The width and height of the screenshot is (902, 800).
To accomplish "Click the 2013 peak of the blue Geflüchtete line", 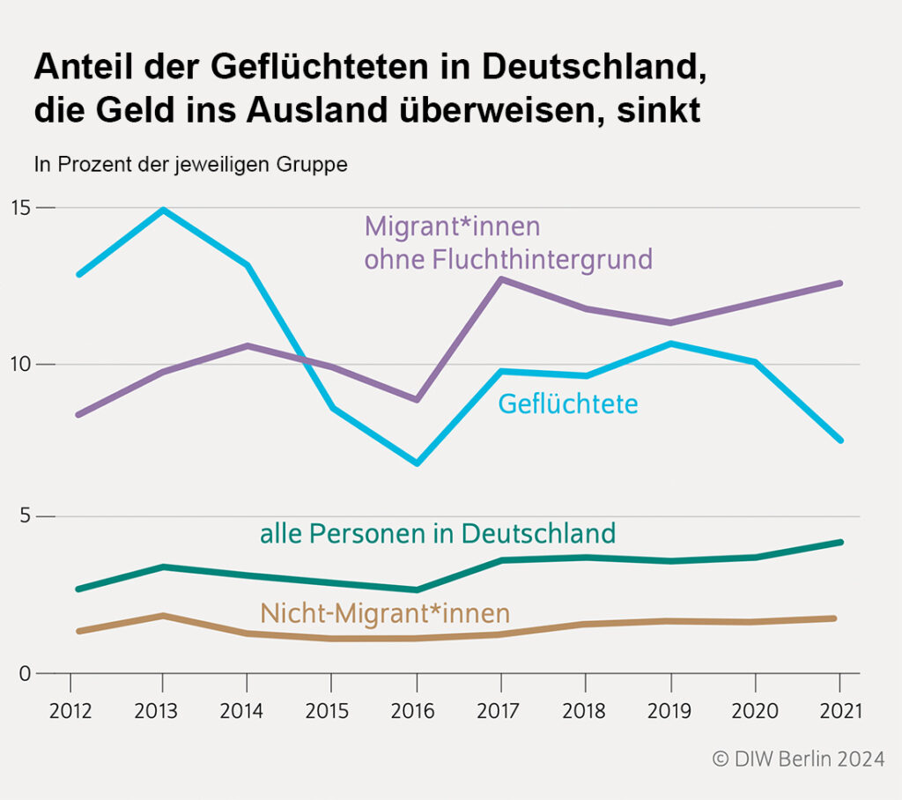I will click(x=162, y=211).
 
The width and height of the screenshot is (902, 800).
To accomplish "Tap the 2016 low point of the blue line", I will click(x=417, y=463).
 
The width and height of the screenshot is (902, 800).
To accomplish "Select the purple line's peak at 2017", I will click(x=500, y=279).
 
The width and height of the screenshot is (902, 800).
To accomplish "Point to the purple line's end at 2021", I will click(x=839, y=283).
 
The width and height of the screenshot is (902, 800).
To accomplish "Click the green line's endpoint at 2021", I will click(x=839, y=542).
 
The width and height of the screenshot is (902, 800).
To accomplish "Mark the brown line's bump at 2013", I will click(x=162, y=616).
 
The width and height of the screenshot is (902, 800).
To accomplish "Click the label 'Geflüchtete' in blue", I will click(x=568, y=404).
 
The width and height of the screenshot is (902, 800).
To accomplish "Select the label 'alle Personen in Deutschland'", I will click(x=437, y=534).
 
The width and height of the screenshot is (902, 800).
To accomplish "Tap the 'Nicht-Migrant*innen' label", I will click(x=385, y=612).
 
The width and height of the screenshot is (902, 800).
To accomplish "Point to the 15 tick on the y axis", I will click(x=21, y=208).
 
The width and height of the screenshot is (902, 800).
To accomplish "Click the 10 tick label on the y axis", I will click(x=21, y=364).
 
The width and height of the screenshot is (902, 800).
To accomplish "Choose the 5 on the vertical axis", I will click(x=25, y=516).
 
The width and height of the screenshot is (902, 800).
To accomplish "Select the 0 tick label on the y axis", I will click(x=25, y=674).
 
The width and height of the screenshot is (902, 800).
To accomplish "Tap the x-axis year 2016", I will click(x=417, y=711).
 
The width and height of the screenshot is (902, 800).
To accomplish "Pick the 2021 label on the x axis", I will click(x=839, y=711).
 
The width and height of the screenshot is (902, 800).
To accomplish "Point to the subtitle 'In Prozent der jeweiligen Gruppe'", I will click(x=190, y=164).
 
